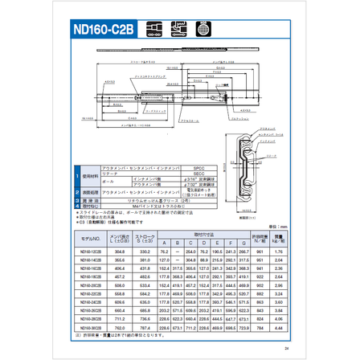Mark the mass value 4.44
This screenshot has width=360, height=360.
277,328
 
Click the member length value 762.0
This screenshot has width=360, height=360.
121,328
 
